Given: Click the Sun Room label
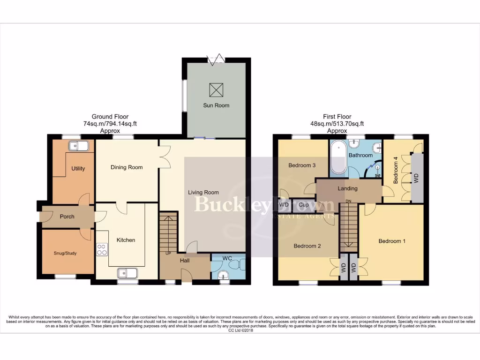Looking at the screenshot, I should [x=216, y=105].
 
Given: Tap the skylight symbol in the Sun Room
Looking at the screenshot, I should [x=216, y=88].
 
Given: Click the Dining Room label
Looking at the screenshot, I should [x=127, y=167].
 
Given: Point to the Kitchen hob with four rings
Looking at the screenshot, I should [x=101, y=249].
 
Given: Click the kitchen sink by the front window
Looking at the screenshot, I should [x=127, y=272].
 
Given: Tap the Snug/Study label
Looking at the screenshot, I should [x=65, y=253].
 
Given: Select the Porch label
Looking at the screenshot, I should [x=67, y=217].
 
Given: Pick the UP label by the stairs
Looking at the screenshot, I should [x=167, y=253].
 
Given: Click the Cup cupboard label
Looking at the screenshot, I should [x=303, y=205].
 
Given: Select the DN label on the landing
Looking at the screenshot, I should [x=348, y=202].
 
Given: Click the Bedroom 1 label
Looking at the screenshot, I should [x=392, y=241].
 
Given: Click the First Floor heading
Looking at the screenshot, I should [x=337, y=117].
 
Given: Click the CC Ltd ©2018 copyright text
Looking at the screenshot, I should [x=240, y=330].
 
